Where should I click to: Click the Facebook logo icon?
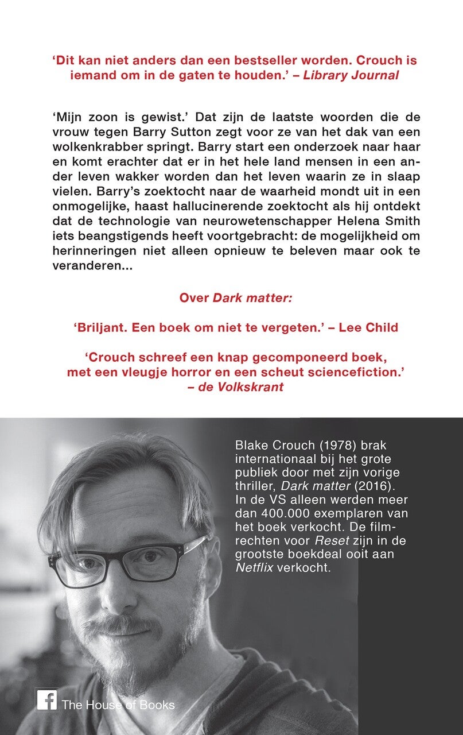pos(46,700)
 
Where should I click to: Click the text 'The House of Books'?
pos(118,705)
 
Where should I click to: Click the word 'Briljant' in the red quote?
pos(99,327)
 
